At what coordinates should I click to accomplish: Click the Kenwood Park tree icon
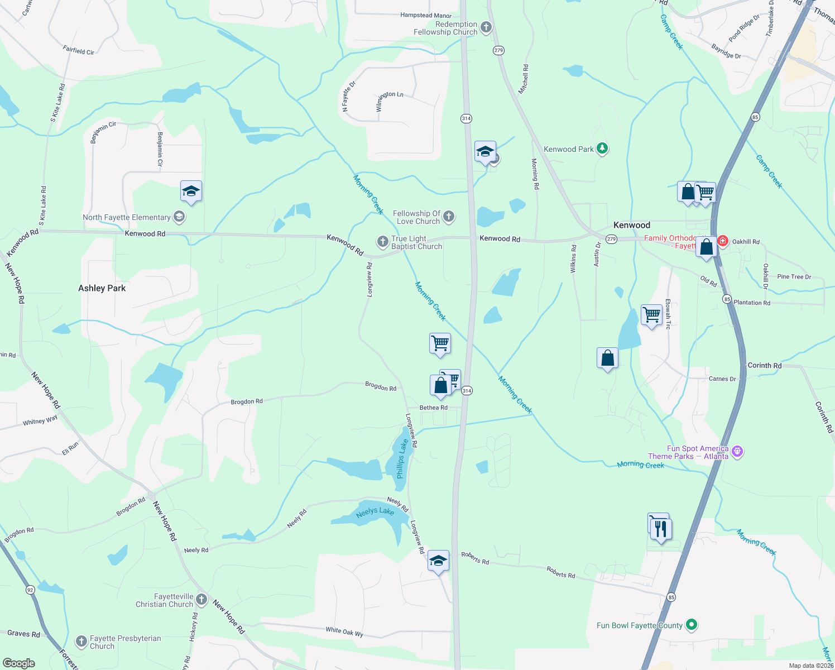[x=602, y=149]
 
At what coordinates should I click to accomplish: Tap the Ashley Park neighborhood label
[x=102, y=288]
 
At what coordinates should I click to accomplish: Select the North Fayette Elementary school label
[x=127, y=217]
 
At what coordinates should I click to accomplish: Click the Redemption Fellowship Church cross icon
[x=486, y=27]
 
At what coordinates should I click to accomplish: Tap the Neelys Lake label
[x=375, y=511]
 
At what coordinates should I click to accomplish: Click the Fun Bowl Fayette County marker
[x=692, y=625]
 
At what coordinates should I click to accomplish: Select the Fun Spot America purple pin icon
[x=737, y=451]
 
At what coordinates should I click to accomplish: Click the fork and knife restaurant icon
[x=661, y=528]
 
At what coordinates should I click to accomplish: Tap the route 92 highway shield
[x=30, y=590]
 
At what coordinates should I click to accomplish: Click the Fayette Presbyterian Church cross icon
[x=81, y=641]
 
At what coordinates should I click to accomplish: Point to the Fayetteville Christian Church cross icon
[x=201, y=600]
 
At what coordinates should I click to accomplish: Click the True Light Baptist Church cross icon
[x=382, y=241]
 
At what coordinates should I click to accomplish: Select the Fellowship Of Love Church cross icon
[x=448, y=217]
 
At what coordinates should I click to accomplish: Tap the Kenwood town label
[x=632, y=225]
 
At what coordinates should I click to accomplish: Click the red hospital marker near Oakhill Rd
[x=723, y=241]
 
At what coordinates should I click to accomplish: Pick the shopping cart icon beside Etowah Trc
[x=651, y=315]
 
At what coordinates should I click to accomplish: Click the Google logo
[x=18, y=663]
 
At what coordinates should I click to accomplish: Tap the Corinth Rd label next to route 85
[x=764, y=365]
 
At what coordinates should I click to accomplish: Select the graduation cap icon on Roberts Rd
[x=438, y=561]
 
